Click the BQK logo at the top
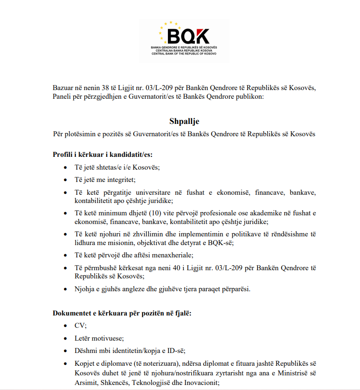pyautogui.click(x=184, y=41)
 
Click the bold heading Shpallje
pyautogui.click(x=184, y=122)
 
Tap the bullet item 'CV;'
pyautogui.click(x=81, y=326)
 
